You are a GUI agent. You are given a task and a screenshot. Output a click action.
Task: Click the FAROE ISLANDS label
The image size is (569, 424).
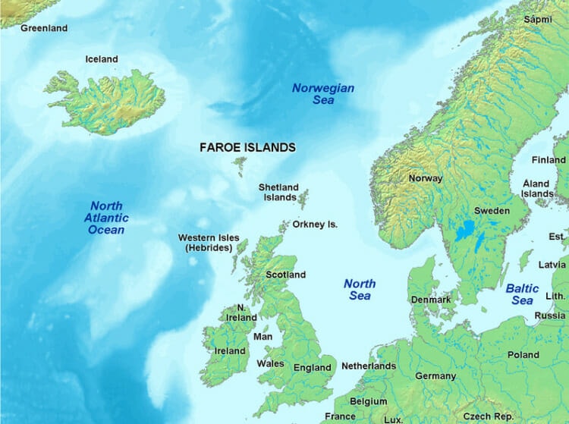point(247,147)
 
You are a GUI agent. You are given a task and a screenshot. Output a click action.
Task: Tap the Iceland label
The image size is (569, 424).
point(102,59)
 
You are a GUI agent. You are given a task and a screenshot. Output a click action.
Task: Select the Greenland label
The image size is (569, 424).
point(44,28)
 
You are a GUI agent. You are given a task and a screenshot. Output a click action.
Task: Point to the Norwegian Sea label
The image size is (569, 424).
point(323,94)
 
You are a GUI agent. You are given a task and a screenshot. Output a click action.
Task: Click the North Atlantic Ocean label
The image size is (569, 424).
point(106,218)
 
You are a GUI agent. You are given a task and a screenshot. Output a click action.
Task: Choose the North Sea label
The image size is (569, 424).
point(360,289)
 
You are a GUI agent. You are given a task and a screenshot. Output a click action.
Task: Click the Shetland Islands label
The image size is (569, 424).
point(278,192)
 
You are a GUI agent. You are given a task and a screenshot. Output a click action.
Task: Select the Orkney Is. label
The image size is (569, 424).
point(315,225)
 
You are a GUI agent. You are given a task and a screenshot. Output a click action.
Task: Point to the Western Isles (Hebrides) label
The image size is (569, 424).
point(204,243)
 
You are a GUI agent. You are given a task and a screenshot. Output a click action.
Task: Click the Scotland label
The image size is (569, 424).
point(285,275)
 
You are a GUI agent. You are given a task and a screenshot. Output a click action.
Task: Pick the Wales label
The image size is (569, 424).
point(270,363)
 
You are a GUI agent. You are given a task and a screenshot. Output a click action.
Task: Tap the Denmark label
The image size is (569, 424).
point(431,300)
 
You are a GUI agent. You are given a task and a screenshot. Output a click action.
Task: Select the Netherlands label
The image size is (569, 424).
point(369,366)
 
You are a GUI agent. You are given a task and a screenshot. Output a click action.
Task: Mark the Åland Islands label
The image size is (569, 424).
point(537,189)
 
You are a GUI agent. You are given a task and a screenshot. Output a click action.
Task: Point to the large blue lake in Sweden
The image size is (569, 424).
point(464,228)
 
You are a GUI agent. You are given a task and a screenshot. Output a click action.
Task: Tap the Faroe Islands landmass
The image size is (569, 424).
point(240,165)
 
